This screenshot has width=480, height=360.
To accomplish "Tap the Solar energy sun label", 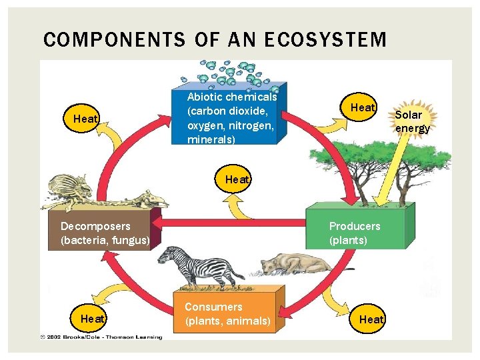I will coord(412,121).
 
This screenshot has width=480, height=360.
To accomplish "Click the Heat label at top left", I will coord(85,119).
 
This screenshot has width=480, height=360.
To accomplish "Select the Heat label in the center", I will coord(237,179).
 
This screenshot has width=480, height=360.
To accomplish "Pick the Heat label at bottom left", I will coord(92,319).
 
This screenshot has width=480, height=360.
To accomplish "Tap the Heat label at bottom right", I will coord(371,319).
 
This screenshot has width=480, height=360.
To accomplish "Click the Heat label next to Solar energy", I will coord(362,107).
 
